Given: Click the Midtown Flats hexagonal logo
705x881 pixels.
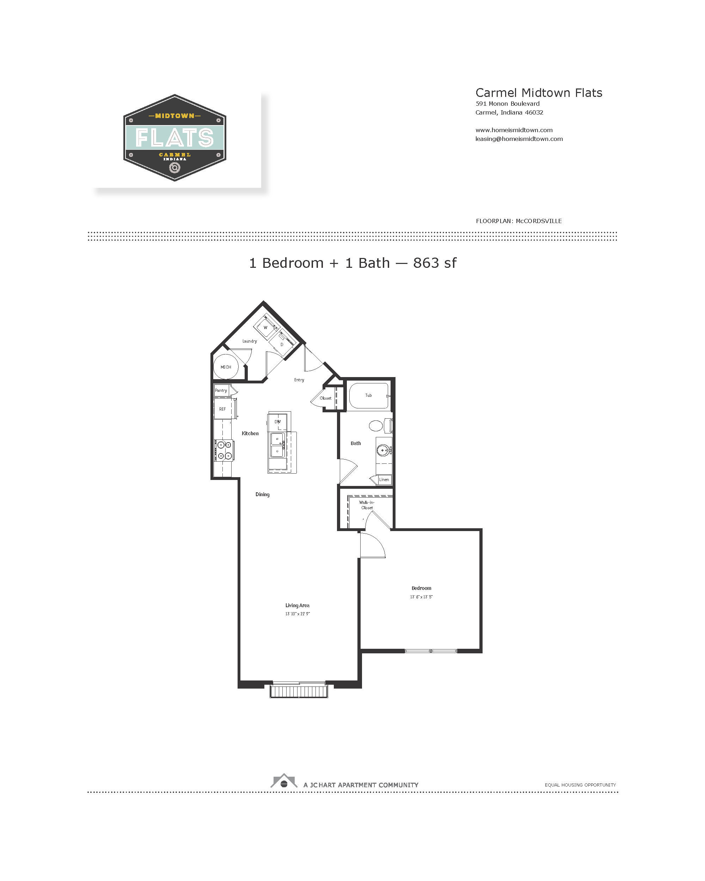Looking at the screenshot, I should click(174, 138).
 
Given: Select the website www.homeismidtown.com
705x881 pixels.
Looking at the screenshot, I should click(514, 130).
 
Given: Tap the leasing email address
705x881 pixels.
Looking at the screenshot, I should click(519, 139).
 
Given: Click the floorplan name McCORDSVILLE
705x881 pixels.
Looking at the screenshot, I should click(538, 221).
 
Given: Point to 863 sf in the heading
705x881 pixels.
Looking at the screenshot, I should click(434, 263).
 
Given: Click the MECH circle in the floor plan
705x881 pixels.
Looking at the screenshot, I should click(226, 367).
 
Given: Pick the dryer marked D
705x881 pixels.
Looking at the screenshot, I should click(282, 344).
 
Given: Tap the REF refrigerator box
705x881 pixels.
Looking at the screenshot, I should click(223, 409).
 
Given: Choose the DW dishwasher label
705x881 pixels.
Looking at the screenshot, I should click(277, 422).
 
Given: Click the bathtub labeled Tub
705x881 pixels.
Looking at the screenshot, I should click(368, 395).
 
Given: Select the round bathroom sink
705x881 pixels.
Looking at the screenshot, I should click(383, 450).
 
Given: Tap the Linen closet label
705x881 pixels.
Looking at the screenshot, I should click(384, 479).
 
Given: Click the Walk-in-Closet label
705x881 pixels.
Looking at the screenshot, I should click(367, 505).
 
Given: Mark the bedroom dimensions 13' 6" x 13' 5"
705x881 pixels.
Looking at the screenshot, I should click(421, 597).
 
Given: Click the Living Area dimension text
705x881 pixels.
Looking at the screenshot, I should click(298, 614).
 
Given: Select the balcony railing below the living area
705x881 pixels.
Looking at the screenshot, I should click(298, 691).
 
